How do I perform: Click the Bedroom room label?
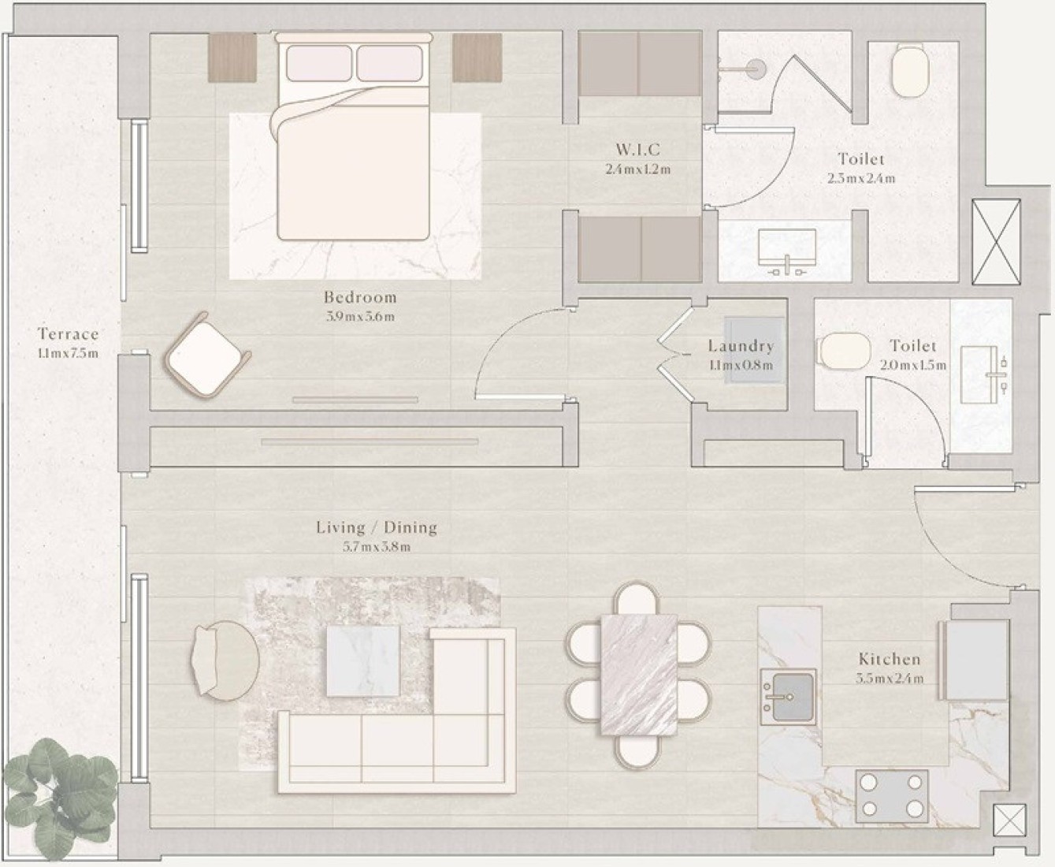click(360, 297)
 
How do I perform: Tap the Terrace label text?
click(68, 334)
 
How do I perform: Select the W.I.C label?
click(637, 149)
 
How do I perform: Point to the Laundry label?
click(741, 346)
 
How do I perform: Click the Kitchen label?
click(890, 659)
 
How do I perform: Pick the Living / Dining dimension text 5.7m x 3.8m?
click(377, 547)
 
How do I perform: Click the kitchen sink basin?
click(789, 697)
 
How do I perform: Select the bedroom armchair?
click(207, 356)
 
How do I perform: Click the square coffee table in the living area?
click(363, 660)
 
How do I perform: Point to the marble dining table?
click(639, 675)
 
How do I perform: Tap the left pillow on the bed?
click(318, 62)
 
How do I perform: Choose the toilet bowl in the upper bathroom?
click(911, 70)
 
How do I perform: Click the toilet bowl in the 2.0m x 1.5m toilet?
click(844, 352)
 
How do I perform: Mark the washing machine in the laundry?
click(754, 351)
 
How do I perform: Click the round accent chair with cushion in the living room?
click(225, 660)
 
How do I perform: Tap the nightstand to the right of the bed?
click(477, 58)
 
